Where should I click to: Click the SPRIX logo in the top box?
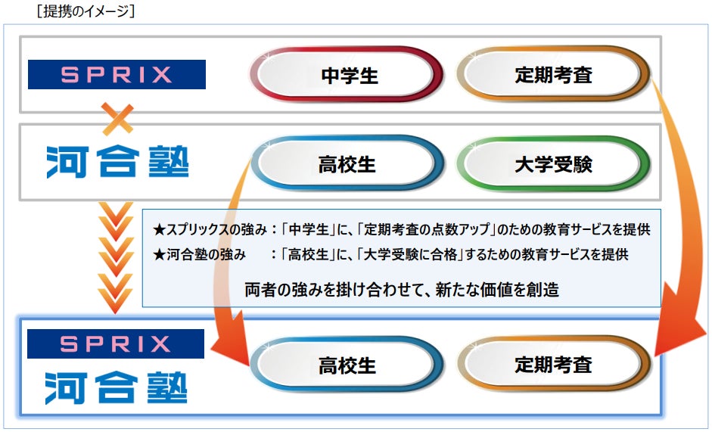(117, 74)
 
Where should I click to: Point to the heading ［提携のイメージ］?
(74, 12)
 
